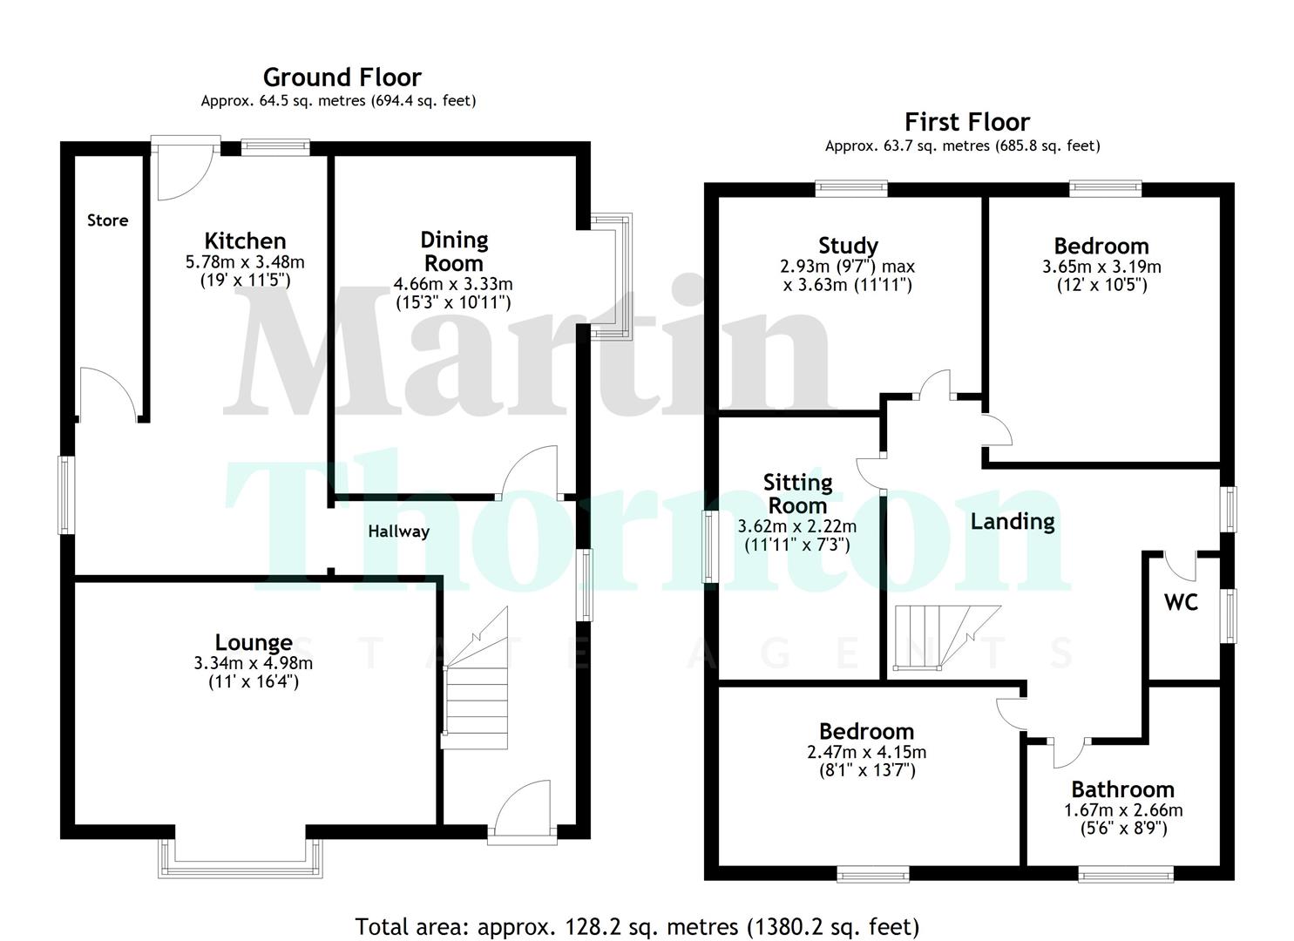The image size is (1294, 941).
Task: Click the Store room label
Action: (x=107, y=220)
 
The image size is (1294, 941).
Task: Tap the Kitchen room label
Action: (x=245, y=240)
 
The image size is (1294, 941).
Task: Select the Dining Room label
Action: (x=454, y=251)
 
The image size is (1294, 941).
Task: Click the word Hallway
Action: (x=398, y=531)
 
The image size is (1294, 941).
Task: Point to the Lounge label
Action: (x=254, y=643)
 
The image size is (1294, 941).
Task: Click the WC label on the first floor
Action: (x=1181, y=601)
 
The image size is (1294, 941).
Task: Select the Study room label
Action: (x=848, y=246)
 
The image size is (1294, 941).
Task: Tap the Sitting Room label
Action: (x=797, y=493)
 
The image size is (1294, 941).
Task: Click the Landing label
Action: (x=1013, y=521)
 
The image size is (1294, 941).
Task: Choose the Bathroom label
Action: (x=1122, y=789)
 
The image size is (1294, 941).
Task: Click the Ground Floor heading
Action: (x=342, y=78)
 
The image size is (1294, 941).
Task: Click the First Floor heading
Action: (x=966, y=122)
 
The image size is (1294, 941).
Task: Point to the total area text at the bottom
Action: (x=637, y=926)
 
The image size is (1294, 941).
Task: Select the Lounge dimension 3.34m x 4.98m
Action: (x=254, y=663)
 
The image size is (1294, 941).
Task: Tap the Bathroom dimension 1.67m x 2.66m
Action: (x=1123, y=810)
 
